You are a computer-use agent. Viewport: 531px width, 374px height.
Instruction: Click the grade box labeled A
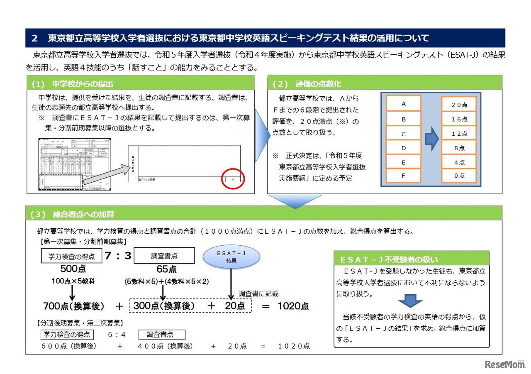coord(404,104)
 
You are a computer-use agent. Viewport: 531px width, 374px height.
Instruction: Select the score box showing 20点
coord(459,105)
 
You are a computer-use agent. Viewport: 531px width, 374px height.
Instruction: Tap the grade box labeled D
coord(404,148)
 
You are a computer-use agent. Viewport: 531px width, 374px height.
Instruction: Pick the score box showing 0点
coord(459,176)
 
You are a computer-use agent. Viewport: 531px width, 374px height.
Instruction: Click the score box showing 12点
coord(459,134)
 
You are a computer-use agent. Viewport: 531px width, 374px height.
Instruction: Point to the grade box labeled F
coord(404,175)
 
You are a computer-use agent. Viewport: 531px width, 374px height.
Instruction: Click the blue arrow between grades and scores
coord(432,139)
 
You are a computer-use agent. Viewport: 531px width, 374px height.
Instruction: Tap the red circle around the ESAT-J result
coord(233,179)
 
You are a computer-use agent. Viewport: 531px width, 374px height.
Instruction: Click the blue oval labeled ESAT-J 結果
coord(231,256)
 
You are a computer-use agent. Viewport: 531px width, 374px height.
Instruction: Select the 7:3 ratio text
coord(118,256)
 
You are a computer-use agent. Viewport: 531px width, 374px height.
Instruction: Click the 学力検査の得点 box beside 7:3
coord(71,256)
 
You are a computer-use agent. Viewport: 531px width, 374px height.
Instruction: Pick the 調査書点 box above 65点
coord(164,256)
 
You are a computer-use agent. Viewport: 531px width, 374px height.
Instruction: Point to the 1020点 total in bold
coord(293,306)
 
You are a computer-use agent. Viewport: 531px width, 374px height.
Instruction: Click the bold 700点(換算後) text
coord(74,306)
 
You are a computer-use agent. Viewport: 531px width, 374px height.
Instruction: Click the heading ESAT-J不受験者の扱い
coord(389,260)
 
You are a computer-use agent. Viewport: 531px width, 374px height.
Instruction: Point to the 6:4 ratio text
coord(117,335)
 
